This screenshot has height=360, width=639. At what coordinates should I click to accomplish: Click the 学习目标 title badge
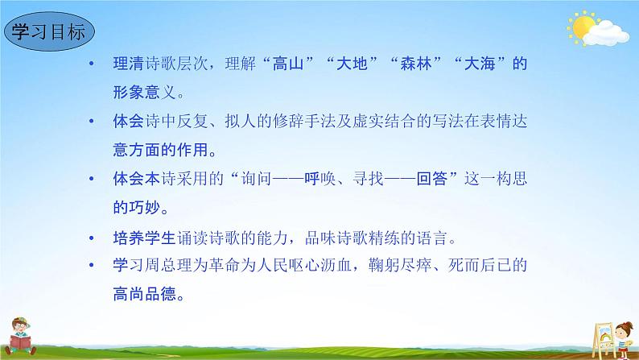click(49, 34)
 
